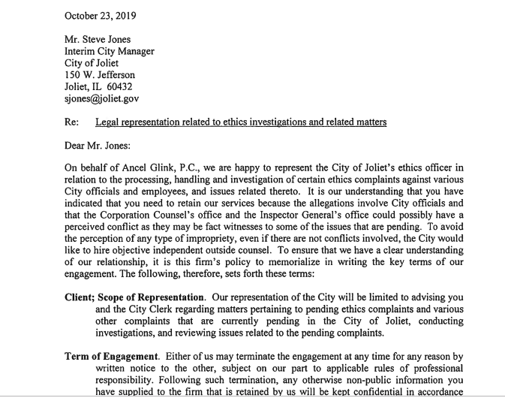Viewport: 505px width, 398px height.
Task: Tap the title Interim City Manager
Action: click(x=110, y=52)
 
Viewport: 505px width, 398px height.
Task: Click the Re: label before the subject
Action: click(x=73, y=122)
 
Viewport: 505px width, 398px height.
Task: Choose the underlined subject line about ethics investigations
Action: click(x=241, y=122)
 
